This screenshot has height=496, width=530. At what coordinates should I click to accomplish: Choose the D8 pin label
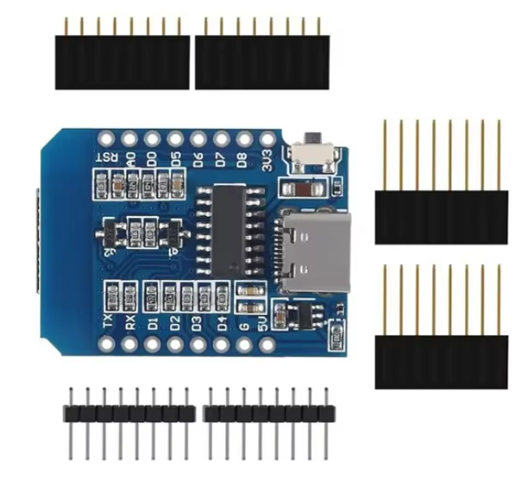click(241, 159)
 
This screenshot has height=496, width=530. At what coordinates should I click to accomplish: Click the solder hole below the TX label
click(106, 344)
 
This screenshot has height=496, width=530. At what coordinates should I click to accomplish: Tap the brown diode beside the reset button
click(300, 189)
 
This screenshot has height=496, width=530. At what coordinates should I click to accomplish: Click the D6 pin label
click(197, 159)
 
